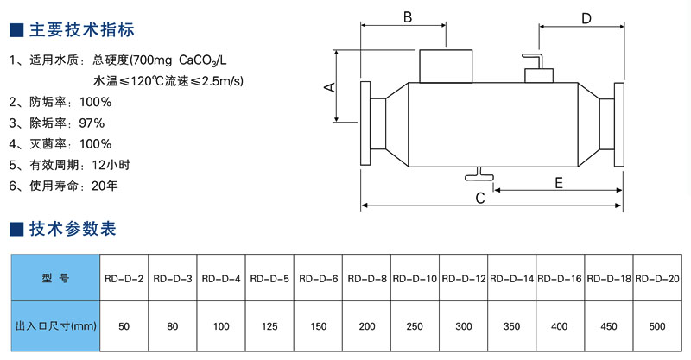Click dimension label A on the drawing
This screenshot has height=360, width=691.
click(328, 86)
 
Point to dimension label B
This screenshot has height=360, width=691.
click(408, 16)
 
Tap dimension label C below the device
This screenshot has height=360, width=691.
click(479, 198)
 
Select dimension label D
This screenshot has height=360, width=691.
click(586, 18)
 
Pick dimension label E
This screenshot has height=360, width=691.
click(558, 182)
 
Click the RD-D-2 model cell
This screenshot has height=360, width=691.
click(124, 279)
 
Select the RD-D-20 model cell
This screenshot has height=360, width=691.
click(657, 279)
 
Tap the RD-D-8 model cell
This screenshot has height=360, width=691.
click(366, 279)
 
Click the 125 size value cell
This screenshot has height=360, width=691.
click(269, 327)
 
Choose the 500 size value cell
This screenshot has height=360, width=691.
click(657, 327)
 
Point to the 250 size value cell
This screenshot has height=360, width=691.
click(415, 327)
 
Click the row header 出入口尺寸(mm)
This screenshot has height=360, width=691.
click(56, 327)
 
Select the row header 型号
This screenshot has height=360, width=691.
click(55, 279)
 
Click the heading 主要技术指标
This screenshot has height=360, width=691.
click(81, 31)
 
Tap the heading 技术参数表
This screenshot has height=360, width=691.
click(73, 229)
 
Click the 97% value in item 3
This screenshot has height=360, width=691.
click(91, 123)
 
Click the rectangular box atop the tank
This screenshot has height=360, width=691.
click(447, 65)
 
